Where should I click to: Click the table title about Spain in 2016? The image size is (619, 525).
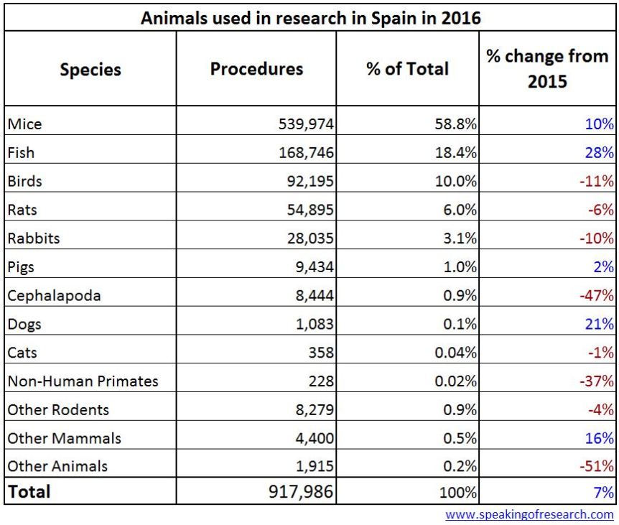(310, 17)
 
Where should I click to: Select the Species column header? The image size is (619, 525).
(90, 70)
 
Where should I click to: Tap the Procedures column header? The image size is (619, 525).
(256, 69)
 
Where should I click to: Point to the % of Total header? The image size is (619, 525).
(407, 69)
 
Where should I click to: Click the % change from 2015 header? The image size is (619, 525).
(547, 69)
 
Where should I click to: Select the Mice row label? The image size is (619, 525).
(25, 124)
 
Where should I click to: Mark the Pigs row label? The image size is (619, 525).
(22, 267)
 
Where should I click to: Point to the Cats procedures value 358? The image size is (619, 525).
(320, 353)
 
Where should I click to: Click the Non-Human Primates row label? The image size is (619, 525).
(83, 381)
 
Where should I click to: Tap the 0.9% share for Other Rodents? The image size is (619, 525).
(460, 410)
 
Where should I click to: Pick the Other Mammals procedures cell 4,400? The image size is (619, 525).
(315, 438)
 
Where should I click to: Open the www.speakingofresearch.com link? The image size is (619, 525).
(529, 514)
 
